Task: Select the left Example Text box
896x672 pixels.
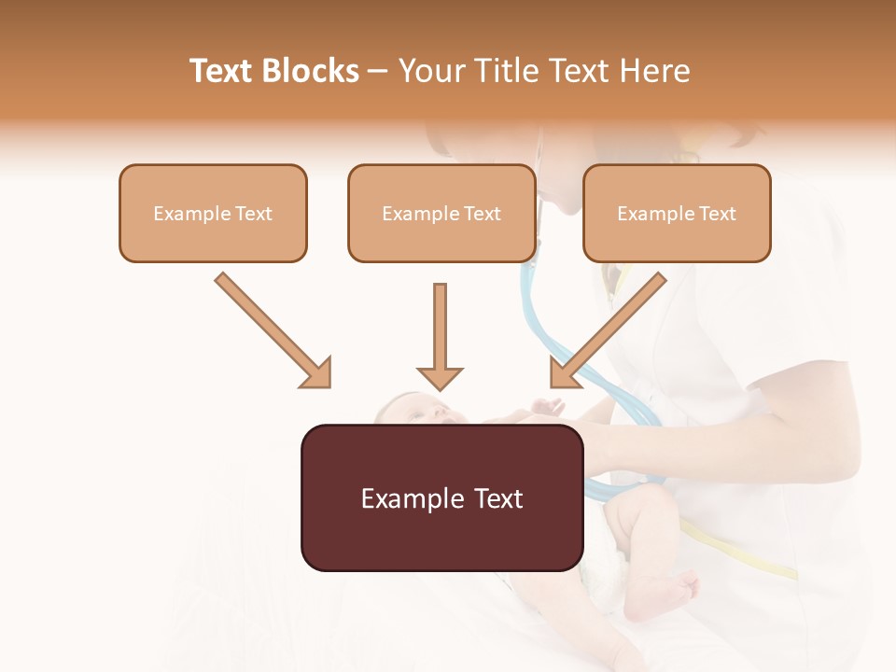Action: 213,213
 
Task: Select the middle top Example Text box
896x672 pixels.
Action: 441,213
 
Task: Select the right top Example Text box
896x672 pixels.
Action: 677,213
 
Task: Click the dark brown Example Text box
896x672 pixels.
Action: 441,497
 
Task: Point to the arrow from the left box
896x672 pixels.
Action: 271,329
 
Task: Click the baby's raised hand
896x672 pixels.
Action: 549,407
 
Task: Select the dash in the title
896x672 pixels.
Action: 378,71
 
